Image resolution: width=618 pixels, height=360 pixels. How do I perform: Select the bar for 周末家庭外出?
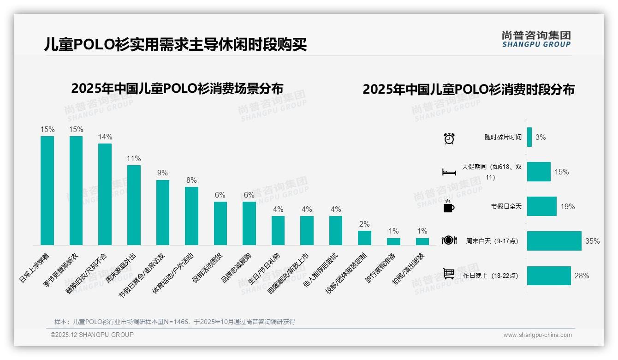tap(134, 205)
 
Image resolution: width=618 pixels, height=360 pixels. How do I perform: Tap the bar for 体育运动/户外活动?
tap(191, 216)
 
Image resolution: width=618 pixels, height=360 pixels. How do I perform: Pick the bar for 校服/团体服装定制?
tap(364, 238)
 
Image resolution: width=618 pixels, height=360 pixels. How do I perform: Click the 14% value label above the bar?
tap(105, 137)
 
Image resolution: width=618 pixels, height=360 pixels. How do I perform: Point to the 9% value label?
tap(162, 173)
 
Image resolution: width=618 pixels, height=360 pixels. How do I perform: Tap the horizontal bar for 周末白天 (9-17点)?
tap(554, 241)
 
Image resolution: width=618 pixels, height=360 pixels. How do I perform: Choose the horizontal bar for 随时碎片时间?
tap(529, 137)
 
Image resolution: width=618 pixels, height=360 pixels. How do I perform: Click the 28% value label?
tap(582, 276)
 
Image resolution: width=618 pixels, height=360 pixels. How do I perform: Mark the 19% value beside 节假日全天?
tap(568, 206)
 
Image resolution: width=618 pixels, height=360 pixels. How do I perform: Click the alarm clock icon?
tap(449, 138)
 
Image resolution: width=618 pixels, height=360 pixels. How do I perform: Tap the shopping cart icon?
tap(449, 274)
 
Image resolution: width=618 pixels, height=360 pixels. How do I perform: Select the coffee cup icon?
tap(449, 207)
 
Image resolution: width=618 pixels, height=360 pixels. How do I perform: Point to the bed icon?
tap(449, 172)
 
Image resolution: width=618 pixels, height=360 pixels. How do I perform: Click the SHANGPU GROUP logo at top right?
tap(536, 39)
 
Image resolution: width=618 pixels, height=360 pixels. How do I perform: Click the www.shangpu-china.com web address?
tap(537, 335)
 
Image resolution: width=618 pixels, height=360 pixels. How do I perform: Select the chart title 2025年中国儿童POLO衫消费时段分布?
tap(468, 90)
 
